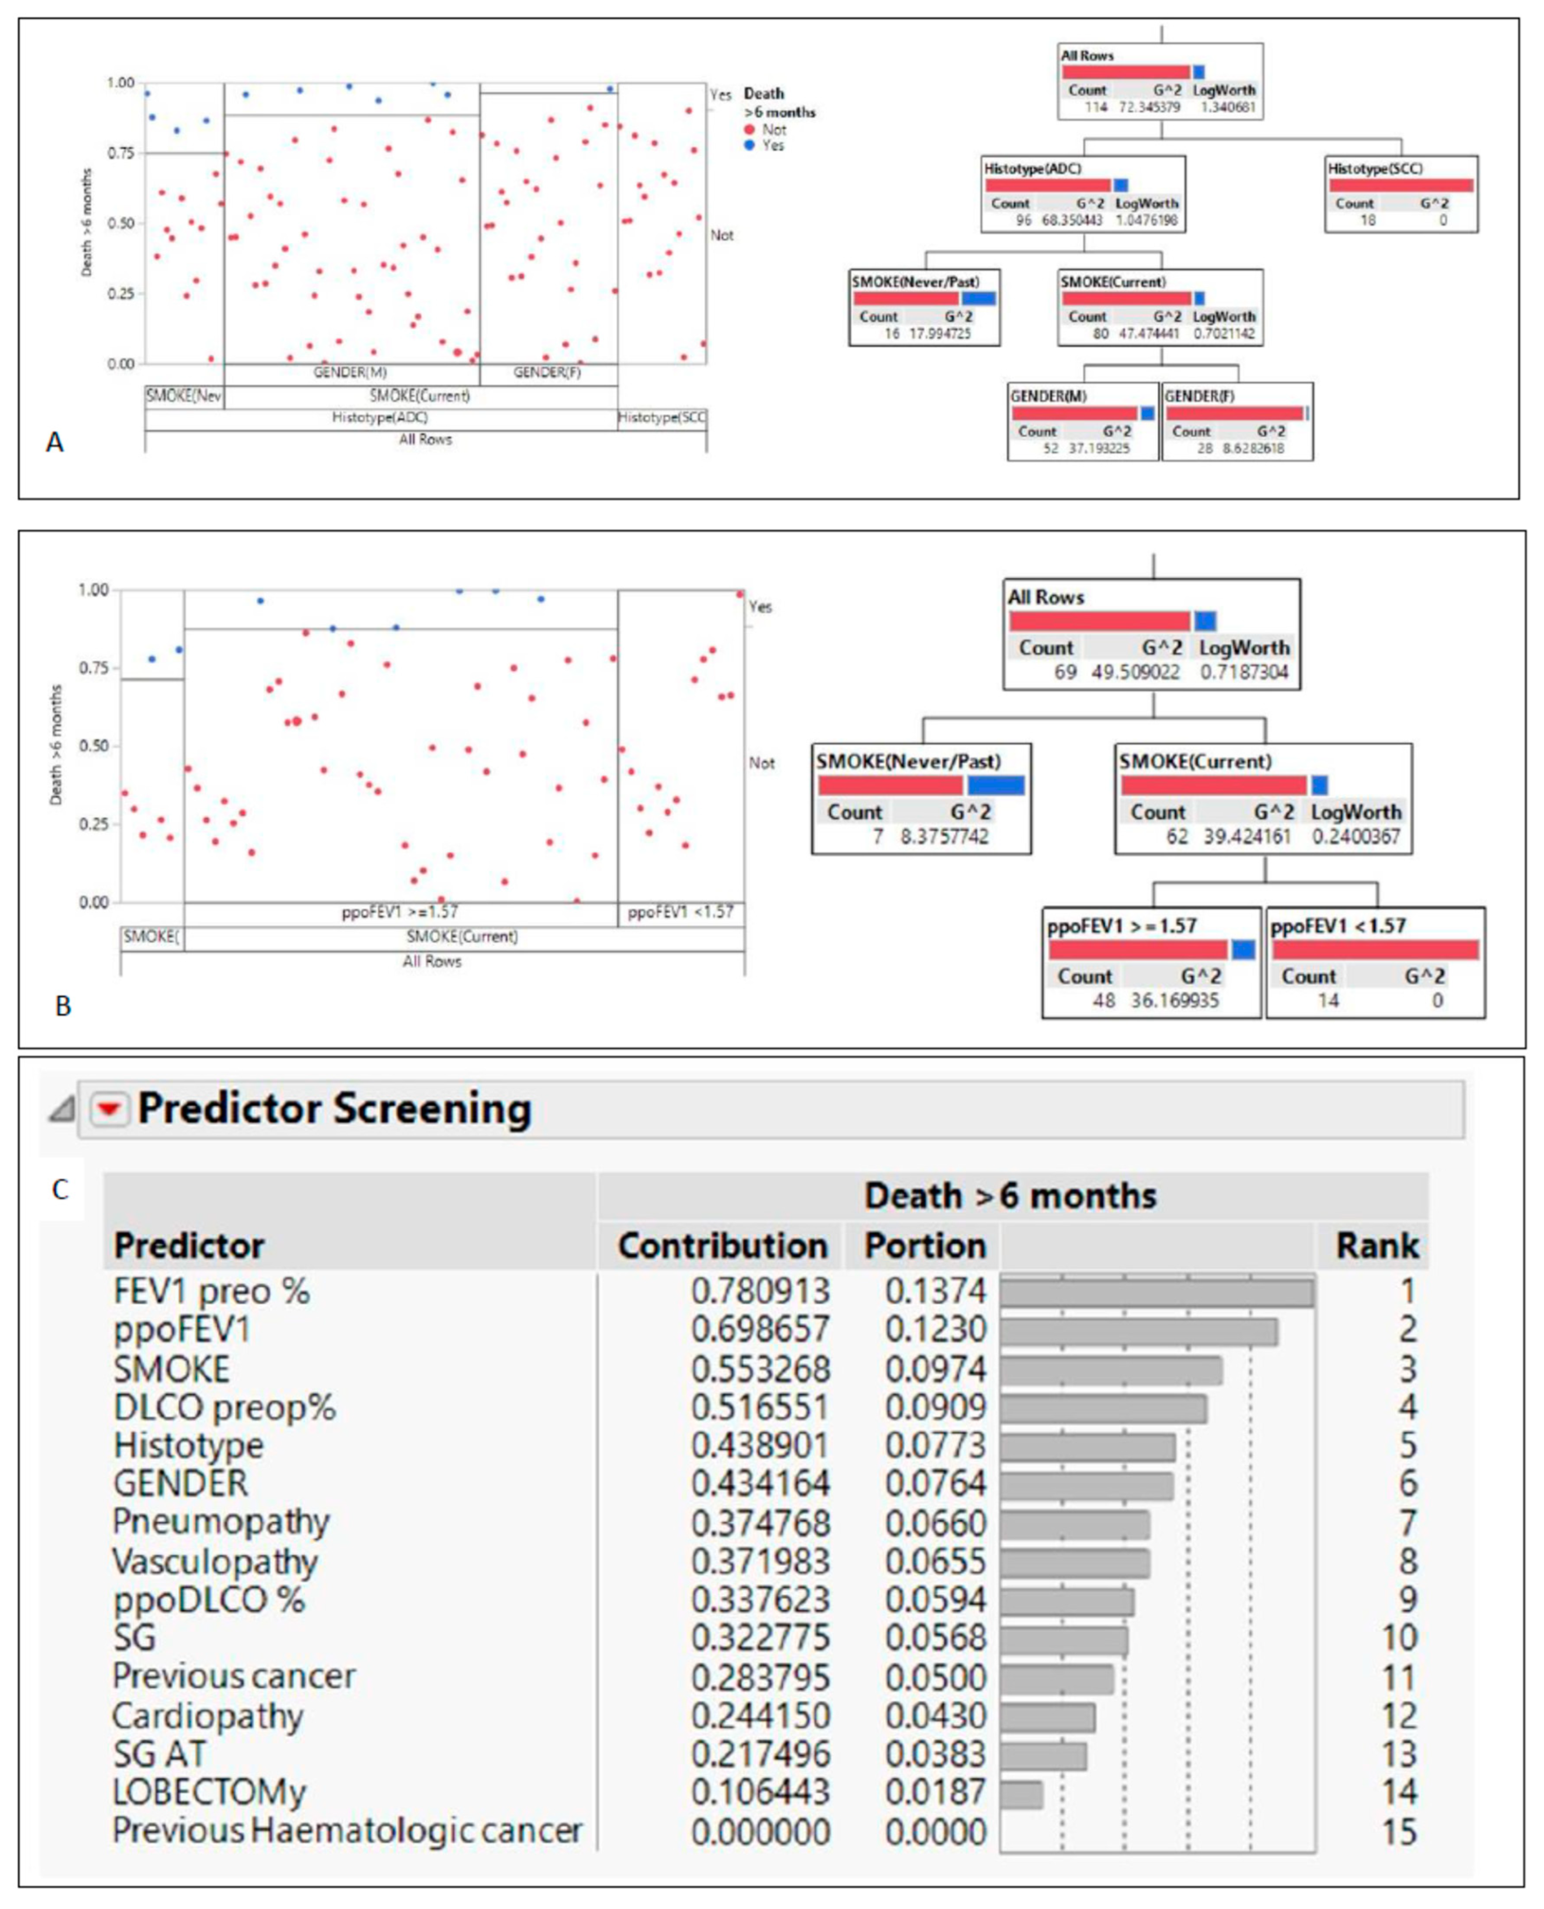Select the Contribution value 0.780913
coord(760,1291)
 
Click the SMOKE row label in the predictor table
coord(172,1368)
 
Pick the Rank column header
coord(1377,1246)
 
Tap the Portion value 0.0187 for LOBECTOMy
coord(936,1792)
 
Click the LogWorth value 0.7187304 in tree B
coord(1244,672)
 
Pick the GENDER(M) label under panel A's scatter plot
coord(350,372)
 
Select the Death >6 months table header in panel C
coord(1010,1196)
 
